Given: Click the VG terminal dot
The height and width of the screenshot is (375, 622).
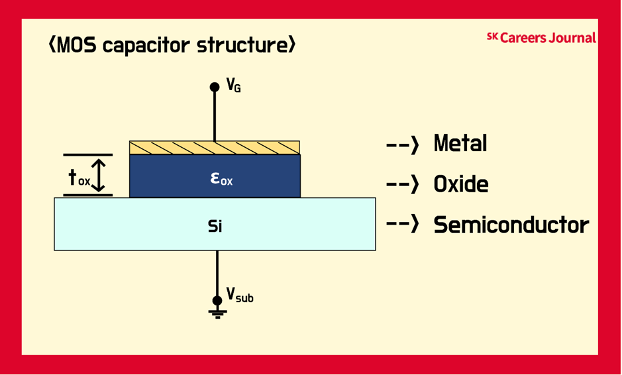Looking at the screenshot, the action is pos(215,87).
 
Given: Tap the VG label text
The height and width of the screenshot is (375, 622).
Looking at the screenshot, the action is pos(234,85).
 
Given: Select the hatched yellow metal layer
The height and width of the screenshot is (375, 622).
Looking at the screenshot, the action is pos(215,148).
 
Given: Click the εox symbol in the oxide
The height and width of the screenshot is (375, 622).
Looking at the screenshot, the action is pos(221,179).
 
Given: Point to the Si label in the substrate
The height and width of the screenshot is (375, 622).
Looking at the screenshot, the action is pos(215,226).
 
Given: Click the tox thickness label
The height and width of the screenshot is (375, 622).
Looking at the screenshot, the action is pos(79,178).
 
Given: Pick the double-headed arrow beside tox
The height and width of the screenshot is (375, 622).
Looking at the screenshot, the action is pos(99,176).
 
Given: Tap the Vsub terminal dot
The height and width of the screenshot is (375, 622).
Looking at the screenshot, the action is pos(217,300).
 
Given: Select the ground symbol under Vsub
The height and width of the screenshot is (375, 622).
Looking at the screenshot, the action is pos(217,313).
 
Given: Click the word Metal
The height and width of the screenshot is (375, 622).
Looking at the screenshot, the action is pos(460,143).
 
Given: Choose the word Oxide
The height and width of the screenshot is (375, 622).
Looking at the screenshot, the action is pos(461,184).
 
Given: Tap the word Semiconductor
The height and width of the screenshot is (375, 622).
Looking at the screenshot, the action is pos(511,225).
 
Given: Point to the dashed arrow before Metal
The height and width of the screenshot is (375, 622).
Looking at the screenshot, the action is pos(402,144).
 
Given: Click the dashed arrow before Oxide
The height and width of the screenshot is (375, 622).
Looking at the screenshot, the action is pos(402,185).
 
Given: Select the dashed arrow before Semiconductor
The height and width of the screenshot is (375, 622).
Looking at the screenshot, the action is pos(402,224).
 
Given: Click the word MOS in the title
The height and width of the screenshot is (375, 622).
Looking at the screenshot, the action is pos(76,46).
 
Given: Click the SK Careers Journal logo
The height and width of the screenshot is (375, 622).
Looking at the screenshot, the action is pos(541,38).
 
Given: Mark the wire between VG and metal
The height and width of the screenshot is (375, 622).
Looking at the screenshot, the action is pos(215,116).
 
